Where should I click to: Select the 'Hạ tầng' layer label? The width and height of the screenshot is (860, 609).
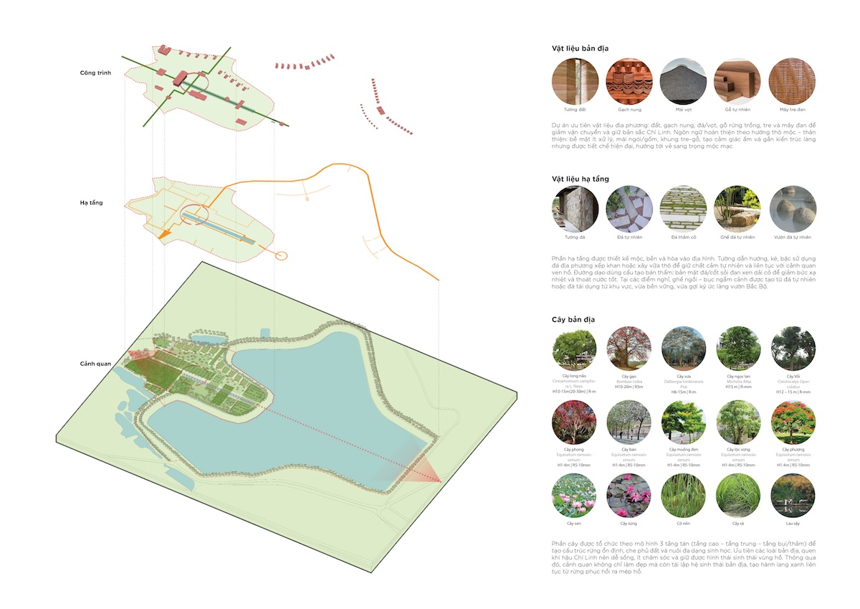click(x=92, y=203)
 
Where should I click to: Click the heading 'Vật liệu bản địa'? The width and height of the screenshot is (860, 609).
click(x=580, y=48)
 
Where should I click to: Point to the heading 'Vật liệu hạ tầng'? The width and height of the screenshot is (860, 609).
click(x=580, y=178)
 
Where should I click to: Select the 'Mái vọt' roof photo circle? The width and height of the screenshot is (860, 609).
click(x=682, y=81)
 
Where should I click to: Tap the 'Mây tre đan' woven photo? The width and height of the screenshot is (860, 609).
click(x=791, y=81)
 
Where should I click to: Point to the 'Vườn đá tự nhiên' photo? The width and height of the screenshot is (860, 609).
click(x=791, y=209)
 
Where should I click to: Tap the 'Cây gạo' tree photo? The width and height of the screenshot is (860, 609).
click(x=629, y=349)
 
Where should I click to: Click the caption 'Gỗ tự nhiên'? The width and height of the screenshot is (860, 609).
click(x=737, y=110)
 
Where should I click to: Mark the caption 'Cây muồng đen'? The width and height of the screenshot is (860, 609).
click(x=683, y=450)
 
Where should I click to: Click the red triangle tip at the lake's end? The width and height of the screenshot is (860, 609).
click(x=439, y=480)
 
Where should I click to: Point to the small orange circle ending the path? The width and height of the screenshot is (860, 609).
click(x=281, y=255)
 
